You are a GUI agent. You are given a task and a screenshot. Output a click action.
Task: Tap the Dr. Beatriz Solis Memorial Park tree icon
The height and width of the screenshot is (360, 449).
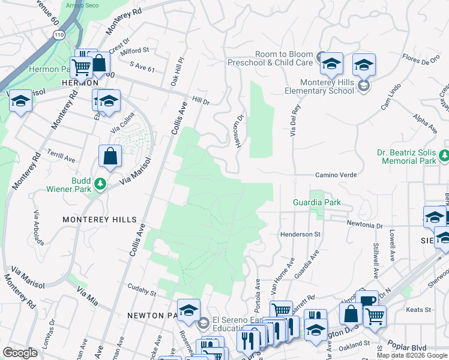444,157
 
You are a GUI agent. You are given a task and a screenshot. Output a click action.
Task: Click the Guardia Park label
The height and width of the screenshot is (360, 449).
316,203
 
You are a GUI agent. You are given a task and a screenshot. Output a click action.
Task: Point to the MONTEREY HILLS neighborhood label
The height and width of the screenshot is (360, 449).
100,220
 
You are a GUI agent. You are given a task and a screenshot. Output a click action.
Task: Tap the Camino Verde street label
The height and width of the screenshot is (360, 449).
337,175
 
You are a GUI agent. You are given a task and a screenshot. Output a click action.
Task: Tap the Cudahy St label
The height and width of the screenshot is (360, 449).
140,294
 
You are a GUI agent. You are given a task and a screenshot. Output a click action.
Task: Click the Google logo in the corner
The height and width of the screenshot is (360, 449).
20,353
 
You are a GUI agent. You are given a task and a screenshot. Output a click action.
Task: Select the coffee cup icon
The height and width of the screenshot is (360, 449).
367,301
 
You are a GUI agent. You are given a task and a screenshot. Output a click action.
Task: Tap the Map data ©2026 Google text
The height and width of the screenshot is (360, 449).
412,355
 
